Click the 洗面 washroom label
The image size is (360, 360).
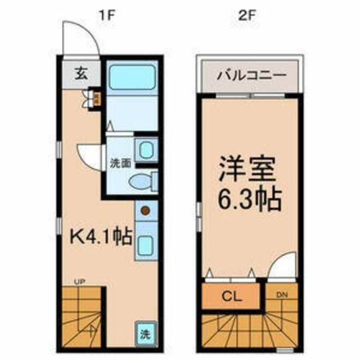click(120, 164)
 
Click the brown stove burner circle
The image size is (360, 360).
click(146, 211)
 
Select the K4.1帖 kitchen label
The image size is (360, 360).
click(100, 235)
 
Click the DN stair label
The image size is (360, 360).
click(282, 294)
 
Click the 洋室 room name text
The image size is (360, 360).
click(246, 168)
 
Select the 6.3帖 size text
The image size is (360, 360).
click(246, 197)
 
